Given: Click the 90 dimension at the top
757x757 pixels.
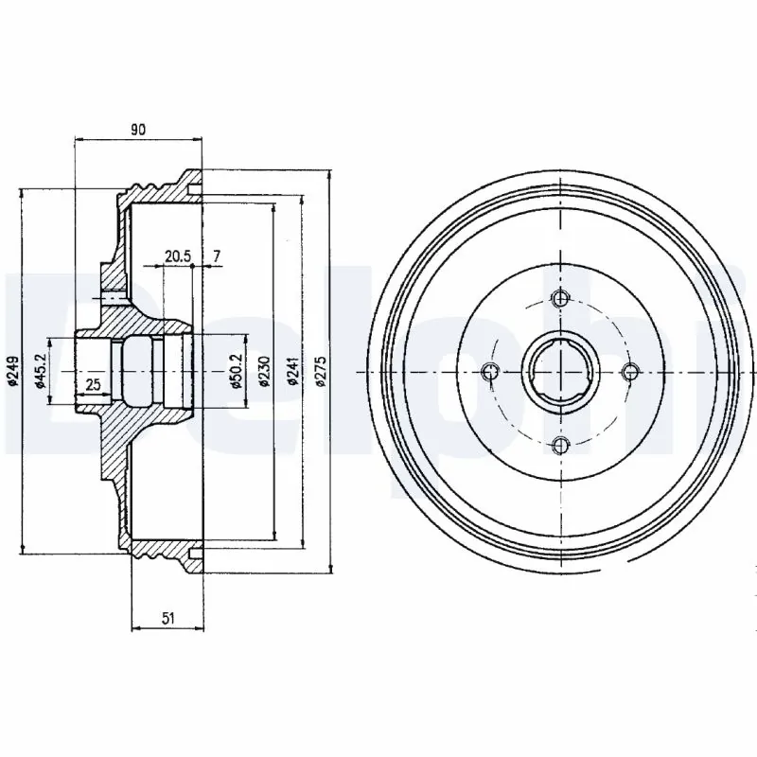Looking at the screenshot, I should click(138, 131).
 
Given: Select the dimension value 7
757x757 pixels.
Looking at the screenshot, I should click(217, 256).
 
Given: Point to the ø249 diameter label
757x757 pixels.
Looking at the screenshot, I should click(13, 372).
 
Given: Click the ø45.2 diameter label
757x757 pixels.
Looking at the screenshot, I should click(41, 372).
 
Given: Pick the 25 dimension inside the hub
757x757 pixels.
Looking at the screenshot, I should click(93, 383).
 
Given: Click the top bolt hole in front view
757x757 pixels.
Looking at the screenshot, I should click(559, 300).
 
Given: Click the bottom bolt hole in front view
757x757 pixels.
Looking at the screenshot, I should click(559, 445).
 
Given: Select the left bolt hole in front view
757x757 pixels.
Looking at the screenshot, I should click(488, 372).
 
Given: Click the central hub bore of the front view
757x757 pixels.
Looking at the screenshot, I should click(559, 372).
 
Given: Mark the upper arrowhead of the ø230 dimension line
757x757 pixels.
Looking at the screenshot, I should click(274, 207).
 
